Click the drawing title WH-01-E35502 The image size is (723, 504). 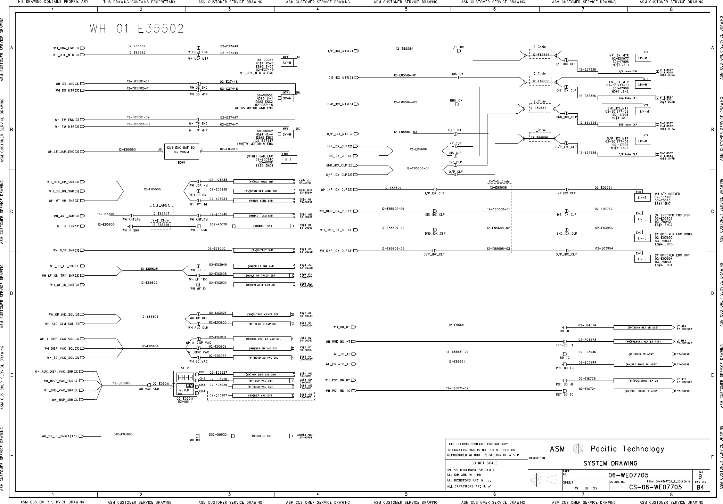tap(137, 29)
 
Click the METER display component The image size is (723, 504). tap(184, 390)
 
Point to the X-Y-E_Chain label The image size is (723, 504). tap(499, 181)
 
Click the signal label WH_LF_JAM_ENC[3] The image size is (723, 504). tap(64, 152)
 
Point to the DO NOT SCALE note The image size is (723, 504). tap(484, 463)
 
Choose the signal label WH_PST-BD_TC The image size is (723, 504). tap(338, 391)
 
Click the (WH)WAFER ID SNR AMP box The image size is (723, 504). tap(261, 285)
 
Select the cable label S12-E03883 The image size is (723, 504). tap(123, 434)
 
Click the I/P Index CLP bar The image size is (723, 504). tap(627, 71)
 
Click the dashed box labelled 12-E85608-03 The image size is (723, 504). tap(499, 249)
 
